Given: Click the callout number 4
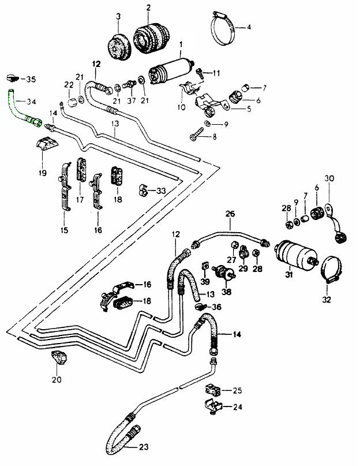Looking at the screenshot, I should click(249, 27).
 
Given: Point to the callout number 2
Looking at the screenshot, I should click(148, 8).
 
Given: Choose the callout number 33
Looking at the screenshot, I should click(161, 191).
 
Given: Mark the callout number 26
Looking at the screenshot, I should click(230, 214).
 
